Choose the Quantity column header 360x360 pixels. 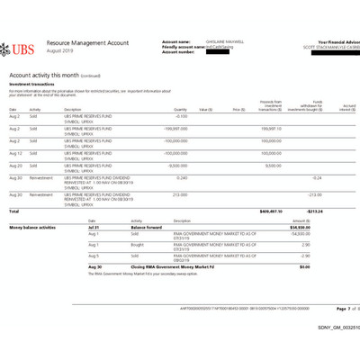[180, 109]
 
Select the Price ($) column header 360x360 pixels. [238, 109]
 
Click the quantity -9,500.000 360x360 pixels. [176, 166]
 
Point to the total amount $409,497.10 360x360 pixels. [267, 211]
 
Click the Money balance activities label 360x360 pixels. [32, 228]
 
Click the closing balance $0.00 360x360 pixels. [328, 266]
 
